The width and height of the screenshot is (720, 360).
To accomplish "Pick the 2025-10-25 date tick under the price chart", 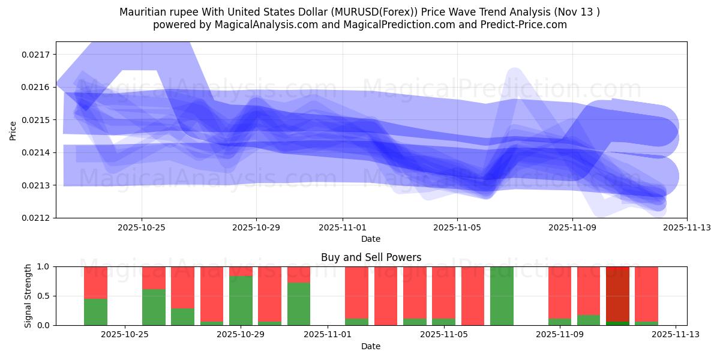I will (142, 227).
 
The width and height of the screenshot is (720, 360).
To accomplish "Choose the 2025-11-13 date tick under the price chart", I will (686, 227).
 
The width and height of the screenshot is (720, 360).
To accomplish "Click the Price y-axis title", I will (13, 130).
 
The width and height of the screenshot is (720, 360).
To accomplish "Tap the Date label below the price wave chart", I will (371, 239).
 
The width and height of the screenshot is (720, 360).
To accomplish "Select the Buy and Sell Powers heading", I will (371, 257).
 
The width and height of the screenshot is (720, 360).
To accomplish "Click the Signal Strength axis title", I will (28, 296).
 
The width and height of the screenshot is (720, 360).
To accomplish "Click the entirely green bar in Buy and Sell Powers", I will (502, 296).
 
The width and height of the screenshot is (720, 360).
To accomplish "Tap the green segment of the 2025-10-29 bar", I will (241, 300).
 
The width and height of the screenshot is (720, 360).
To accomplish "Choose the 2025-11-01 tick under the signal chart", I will (328, 334).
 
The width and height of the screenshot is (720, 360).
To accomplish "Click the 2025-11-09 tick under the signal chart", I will (559, 334).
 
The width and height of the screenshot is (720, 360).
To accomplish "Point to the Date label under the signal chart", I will (371, 346).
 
